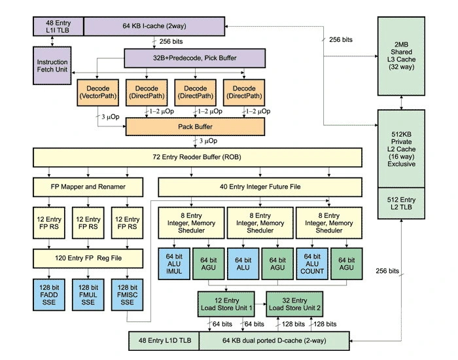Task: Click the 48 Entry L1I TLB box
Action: (58, 26)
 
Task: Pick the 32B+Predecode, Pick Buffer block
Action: (195, 58)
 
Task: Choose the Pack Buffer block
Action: (194, 126)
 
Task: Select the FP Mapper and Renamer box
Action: (88, 187)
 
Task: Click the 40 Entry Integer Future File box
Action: (260, 187)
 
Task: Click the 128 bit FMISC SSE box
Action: (128, 295)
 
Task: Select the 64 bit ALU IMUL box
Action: (173, 264)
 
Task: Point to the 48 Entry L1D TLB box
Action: (163, 340)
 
